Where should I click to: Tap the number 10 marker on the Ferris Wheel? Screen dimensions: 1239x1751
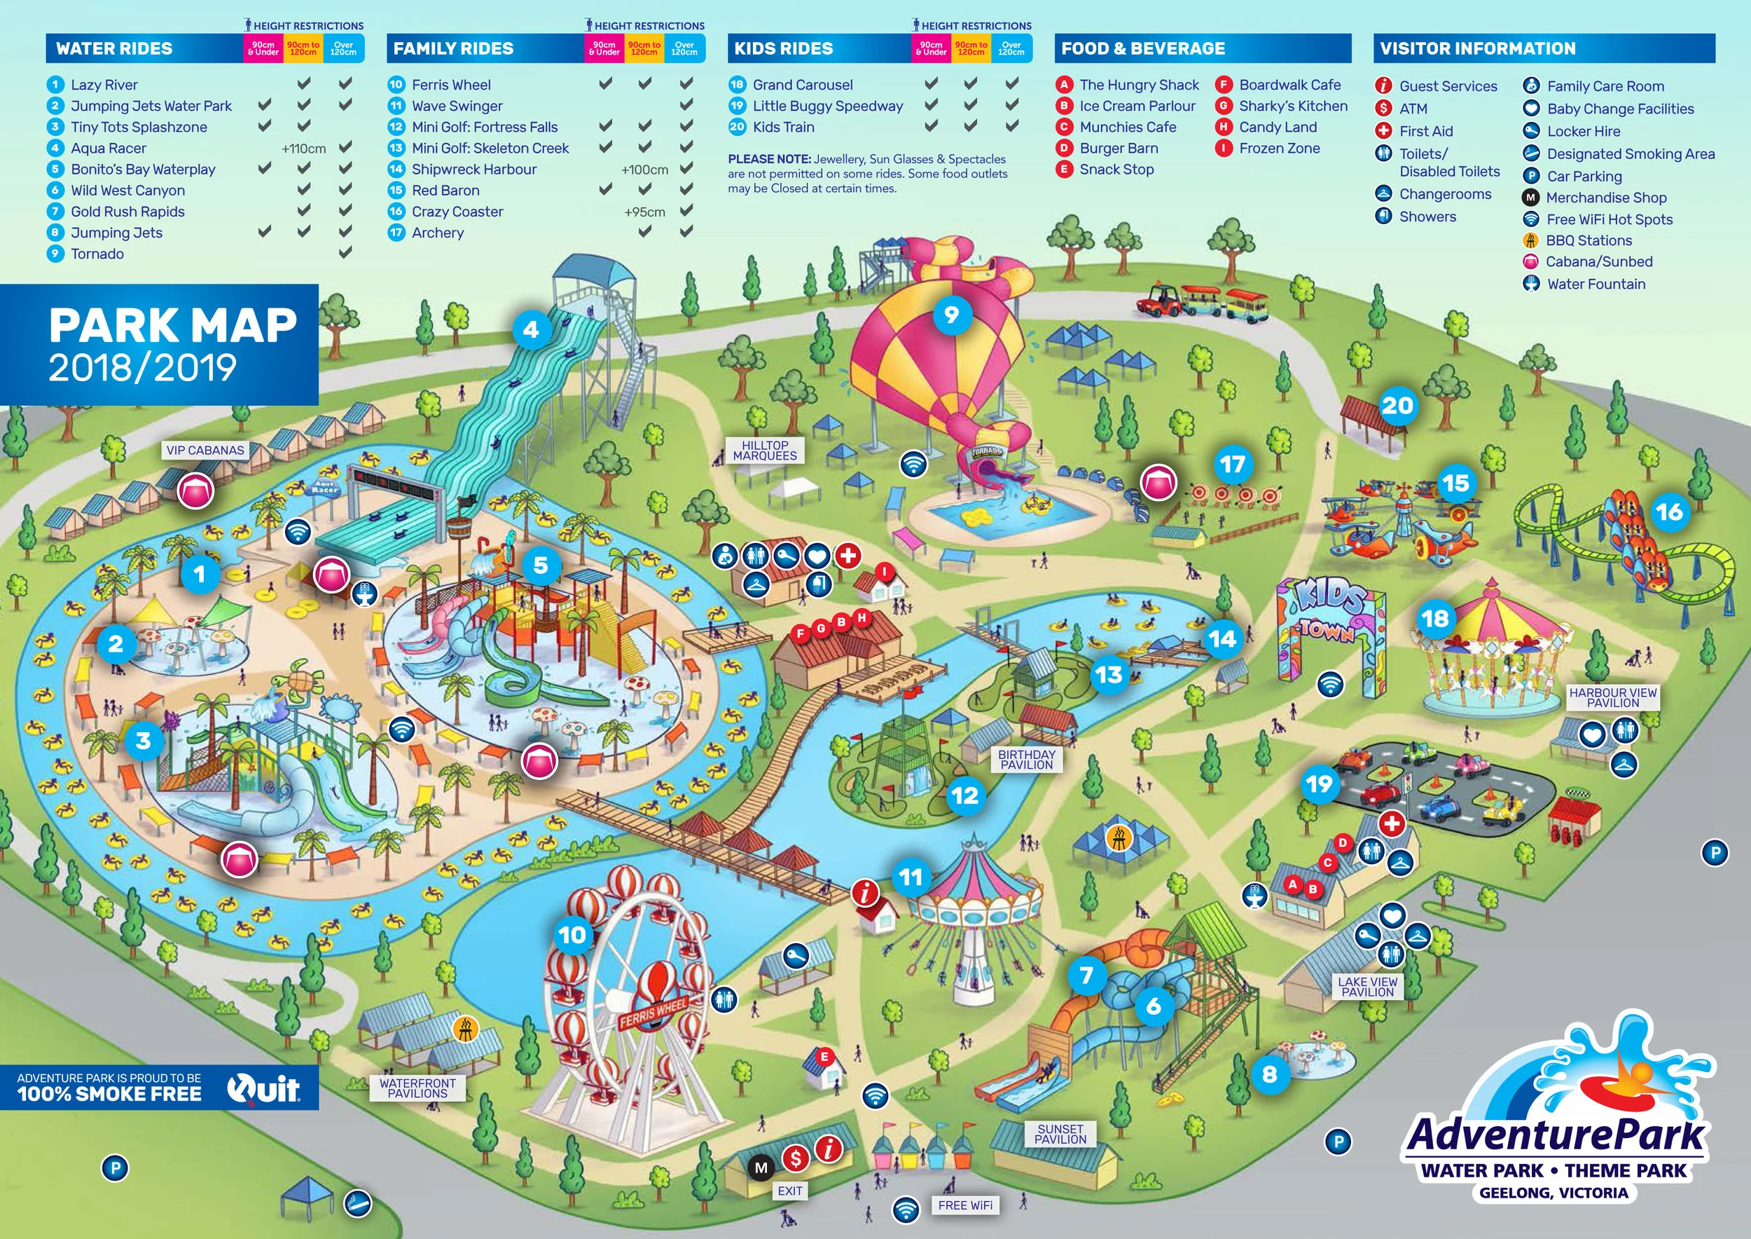(x=572, y=935)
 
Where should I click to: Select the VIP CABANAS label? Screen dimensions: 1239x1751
(x=205, y=450)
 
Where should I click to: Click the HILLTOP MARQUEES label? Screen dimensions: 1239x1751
(x=764, y=450)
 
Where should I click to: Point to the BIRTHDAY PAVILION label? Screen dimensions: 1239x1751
(x=1027, y=759)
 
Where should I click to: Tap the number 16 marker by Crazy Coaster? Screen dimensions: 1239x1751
(x=1668, y=511)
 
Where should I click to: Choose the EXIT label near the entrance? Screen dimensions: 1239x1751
(x=789, y=1191)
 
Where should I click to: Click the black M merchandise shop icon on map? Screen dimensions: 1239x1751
(x=761, y=1168)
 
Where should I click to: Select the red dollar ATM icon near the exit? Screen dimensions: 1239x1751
(x=796, y=1159)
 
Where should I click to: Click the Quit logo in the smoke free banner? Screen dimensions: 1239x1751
(x=263, y=1088)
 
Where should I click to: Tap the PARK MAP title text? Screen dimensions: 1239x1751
(x=172, y=326)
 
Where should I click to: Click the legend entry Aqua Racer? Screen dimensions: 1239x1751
(x=109, y=148)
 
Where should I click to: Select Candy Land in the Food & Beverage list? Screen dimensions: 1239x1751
(x=1278, y=127)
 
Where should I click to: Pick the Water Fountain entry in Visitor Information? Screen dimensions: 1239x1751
(x=1596, y=284)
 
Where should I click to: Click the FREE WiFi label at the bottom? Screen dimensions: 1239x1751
(x=964, y=1205)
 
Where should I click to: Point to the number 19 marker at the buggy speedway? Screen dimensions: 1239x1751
(x=1319, y=783)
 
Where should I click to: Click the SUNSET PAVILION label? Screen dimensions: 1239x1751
(x=1060, y=1134)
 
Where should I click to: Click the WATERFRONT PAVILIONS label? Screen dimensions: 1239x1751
(x=417, y=1088)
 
